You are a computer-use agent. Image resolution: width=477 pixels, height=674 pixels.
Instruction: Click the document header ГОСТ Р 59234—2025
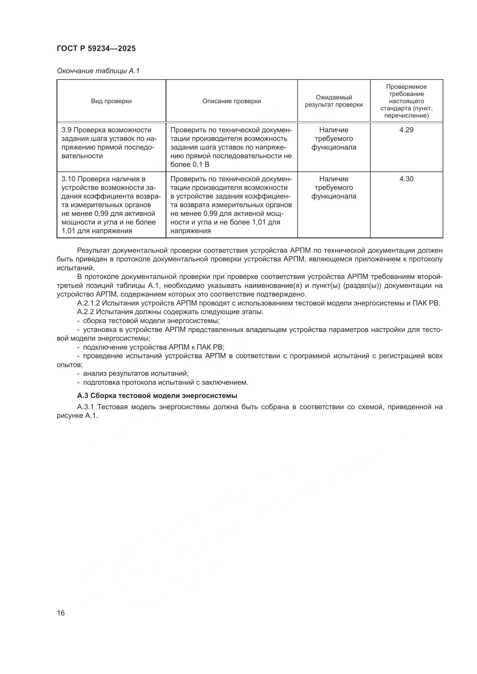96,48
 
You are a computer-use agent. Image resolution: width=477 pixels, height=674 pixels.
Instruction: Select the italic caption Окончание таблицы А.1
98,71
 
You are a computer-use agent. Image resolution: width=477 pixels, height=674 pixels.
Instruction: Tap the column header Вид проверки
111,101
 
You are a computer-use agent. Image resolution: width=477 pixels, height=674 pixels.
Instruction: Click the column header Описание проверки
232,101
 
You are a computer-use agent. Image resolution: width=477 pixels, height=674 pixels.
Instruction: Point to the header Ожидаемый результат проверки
334,101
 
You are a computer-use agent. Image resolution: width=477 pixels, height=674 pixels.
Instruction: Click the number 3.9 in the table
67,130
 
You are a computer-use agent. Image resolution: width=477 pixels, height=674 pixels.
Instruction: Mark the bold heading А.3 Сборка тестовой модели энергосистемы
157,396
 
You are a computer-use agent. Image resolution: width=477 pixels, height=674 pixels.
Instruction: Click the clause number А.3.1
85,407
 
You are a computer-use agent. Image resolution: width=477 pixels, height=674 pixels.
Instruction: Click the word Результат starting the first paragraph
93,251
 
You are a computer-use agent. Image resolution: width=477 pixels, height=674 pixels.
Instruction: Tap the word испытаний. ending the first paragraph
76,268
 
